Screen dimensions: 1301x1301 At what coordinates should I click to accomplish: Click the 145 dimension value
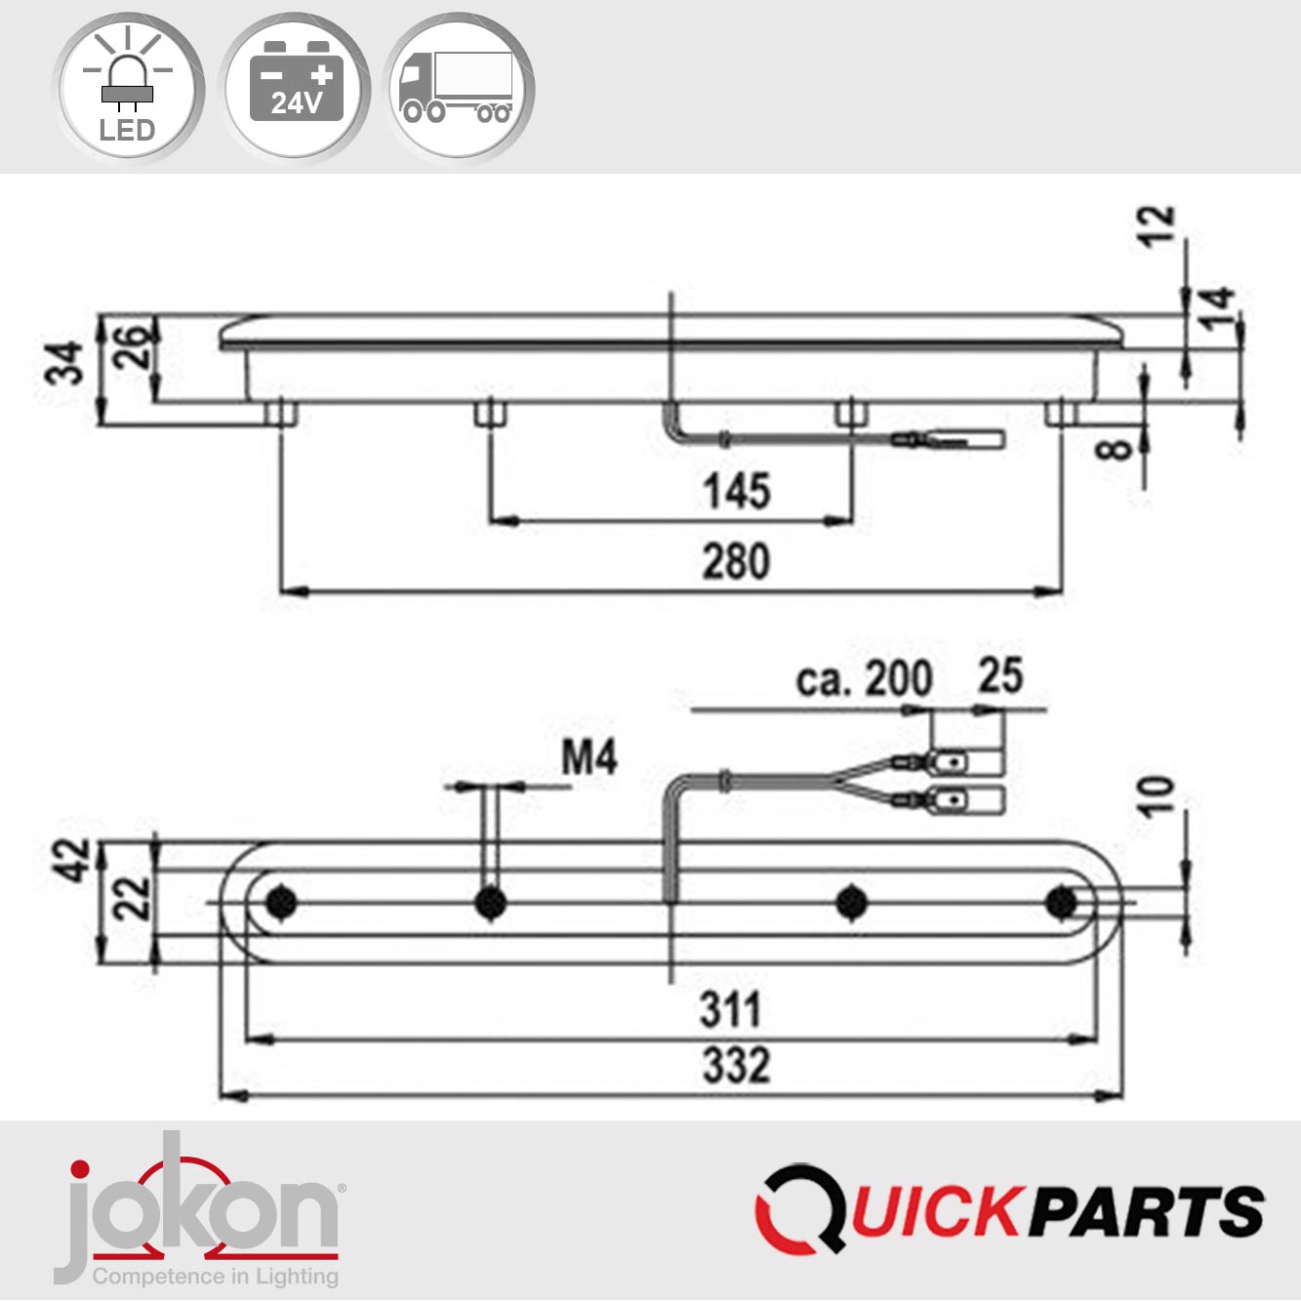[x=737, y=491]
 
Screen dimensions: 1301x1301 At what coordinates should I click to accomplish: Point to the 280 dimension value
[x=736, y=562]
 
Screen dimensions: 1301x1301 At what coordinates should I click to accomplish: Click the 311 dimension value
[x=730, y=1009]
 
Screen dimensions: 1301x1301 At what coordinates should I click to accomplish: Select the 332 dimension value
[x=736, y=1065]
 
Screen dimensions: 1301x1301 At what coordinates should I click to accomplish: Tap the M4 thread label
[x=590, y=757]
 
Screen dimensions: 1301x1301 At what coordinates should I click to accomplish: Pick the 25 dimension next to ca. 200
[x=1000, y=676]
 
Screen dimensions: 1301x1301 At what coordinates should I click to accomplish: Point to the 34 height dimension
[x=66, y=364]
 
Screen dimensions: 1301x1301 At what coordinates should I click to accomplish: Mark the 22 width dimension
[x=134, y=898]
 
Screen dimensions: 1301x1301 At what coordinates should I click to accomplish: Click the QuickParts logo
[x=1010, y=1210]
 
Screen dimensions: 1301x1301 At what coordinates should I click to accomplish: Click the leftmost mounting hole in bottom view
[x=282, y=902]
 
